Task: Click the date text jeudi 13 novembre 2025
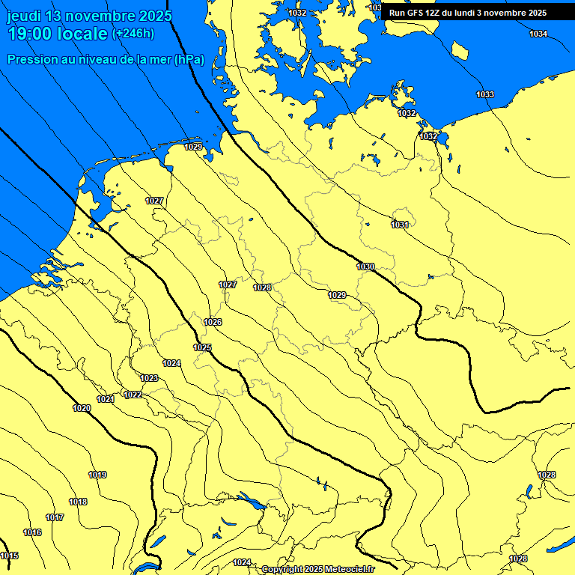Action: tap(89, 16)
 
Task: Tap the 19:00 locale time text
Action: tap(57, 34)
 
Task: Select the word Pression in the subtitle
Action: tap(31, 59)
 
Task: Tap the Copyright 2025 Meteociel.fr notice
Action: tap(317, 570)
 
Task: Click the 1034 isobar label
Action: tap(538, 34)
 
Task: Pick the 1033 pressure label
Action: tap(485, 94)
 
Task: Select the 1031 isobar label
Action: tap(400, 225)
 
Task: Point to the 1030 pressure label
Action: tap(365, 267)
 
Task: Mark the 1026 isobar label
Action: tap(213, 322)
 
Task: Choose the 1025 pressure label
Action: tap(202, 347)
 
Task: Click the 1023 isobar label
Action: tap(149, 378)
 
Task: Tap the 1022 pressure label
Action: tap(133, 395)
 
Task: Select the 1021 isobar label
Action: tap(106, 399)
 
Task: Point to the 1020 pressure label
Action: tap(82, 408)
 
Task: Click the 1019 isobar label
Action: tap(97, 475)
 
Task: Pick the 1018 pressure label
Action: tap(78, 502)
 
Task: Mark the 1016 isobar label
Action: tap(32, 532)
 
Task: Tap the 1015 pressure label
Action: tap(9, 556)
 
